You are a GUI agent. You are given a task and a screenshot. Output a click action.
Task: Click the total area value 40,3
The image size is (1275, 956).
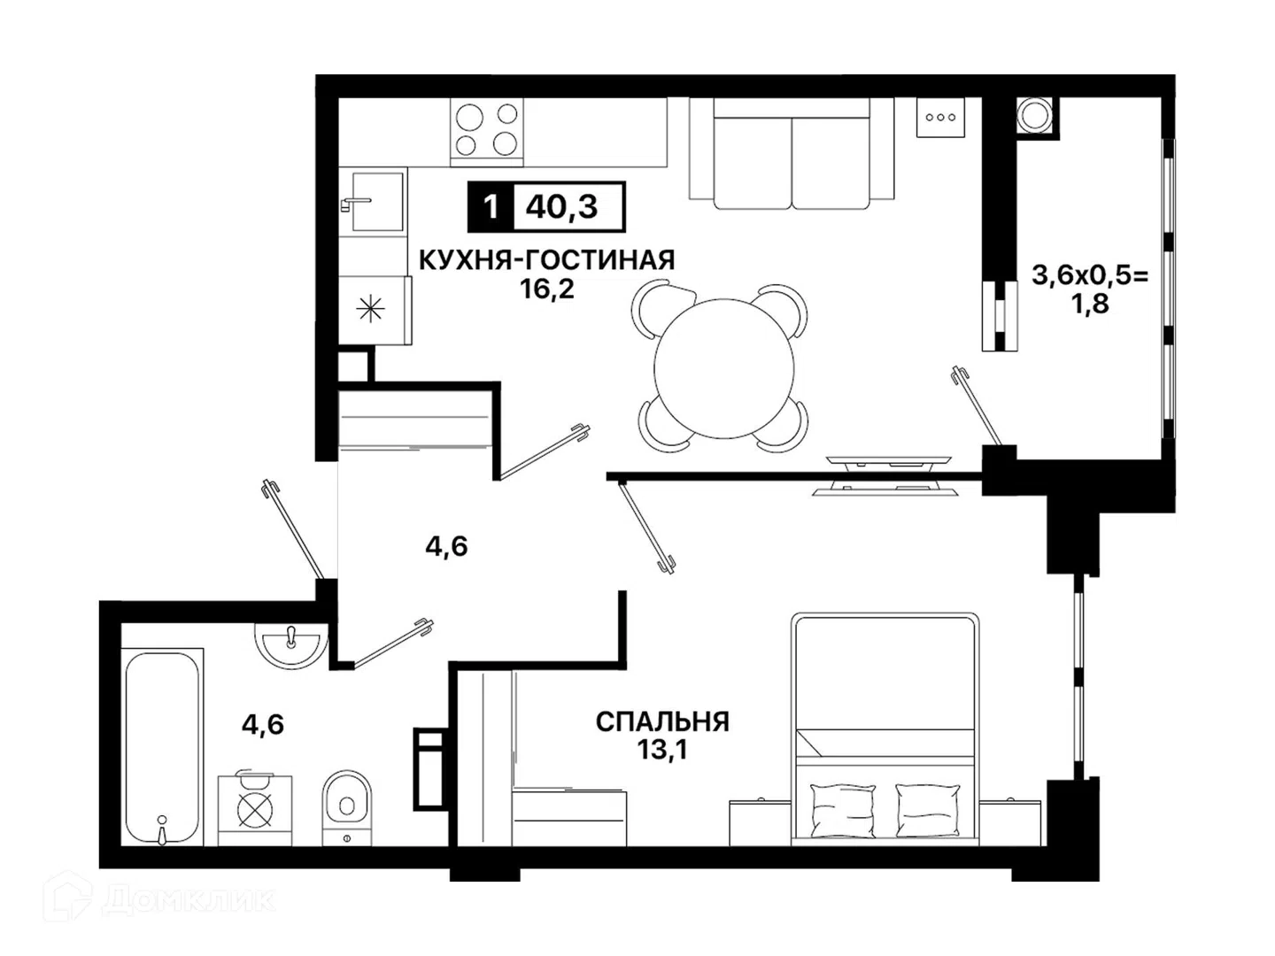point(561,206)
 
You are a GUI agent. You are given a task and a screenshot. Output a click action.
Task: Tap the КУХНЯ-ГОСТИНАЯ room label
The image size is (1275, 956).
point(546,260)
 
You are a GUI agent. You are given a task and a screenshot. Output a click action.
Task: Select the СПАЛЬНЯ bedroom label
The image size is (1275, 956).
point(662,722)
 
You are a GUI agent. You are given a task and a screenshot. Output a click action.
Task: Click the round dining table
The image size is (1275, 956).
point(723,368)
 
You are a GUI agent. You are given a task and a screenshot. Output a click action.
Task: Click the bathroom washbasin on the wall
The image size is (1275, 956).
point(291,645)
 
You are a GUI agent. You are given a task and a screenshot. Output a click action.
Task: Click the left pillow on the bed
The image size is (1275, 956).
point(842,810)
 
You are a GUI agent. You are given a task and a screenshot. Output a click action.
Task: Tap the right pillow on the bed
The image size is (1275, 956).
point(928,810)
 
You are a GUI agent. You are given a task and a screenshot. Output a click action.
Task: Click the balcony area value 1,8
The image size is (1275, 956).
point(1090,304)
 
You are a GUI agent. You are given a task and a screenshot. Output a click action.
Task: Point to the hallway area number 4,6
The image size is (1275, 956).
point(446,546)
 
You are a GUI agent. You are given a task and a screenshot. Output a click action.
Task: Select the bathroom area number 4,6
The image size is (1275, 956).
point(263,724)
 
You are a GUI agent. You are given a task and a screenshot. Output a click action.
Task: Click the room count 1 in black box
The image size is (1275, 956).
point(491,206)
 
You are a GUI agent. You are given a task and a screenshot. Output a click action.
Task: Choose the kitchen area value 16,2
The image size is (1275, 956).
point(547,289)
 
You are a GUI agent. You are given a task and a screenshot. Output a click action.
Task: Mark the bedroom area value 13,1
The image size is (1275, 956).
point(663,750)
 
